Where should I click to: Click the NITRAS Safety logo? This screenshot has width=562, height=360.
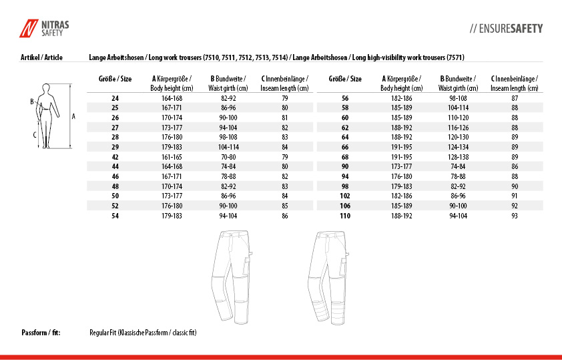click(x=43, y=28)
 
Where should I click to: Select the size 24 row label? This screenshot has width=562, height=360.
click(x=115, y=98)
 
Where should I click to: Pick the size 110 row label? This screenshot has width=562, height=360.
click(x=345, y=216)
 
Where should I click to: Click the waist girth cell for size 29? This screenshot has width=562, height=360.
click(x=228, y=147)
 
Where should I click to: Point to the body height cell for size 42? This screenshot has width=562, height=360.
click(x=172, y=157)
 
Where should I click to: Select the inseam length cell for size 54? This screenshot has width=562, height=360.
click(x=285, y=216)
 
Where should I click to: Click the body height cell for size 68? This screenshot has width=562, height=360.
click(x=402, y=157)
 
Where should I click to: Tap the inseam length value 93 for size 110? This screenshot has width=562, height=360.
click(x=515, y=216)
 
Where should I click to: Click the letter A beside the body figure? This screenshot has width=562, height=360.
click(x=73, y=116)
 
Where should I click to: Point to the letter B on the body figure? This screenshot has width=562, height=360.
click(x=31, y=102)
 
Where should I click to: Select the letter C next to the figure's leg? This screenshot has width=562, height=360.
click(x=35, y=134)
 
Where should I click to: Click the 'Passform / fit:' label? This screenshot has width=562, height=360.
click(x=41, y=332)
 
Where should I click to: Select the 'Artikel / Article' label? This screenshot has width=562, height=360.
click(x=42, y=57)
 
